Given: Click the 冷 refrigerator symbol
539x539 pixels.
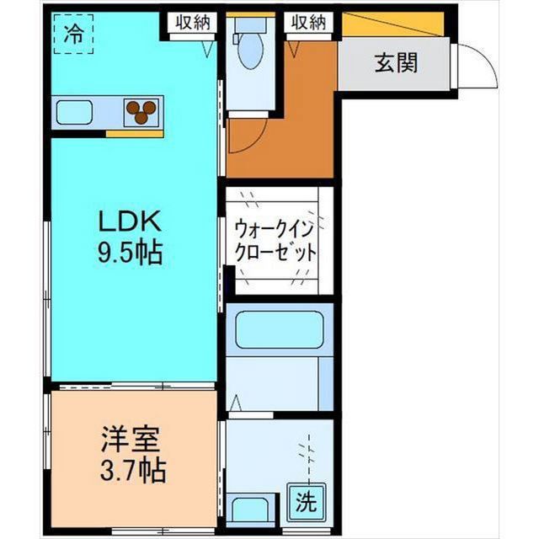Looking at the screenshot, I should tap(72, 35).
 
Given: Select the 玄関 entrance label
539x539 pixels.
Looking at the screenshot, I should tap(394, 62).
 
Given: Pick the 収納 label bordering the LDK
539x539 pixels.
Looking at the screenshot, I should tap(192, 23).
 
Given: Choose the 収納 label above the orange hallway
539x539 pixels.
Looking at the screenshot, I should tap(308, 23).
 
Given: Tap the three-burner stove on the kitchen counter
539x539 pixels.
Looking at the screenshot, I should tap(143, 110).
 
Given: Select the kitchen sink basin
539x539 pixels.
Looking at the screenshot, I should tap(77, 111).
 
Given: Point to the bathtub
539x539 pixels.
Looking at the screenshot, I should tap(280, 329).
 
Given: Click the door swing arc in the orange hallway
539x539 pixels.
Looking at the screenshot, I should tap(250, 135).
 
